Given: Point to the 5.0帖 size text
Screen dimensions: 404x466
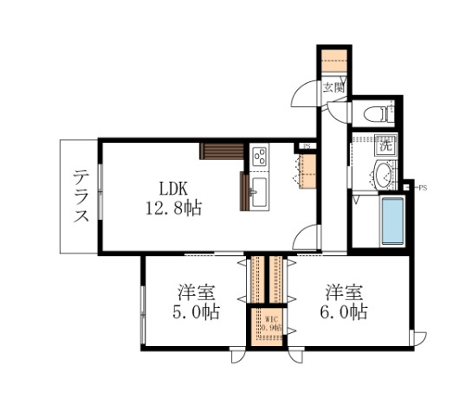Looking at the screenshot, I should point(198,312).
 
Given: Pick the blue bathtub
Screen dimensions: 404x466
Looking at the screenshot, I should point(392,221).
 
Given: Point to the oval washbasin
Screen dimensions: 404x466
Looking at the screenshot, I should point(381,175).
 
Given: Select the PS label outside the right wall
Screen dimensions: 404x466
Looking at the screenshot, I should point(423,188).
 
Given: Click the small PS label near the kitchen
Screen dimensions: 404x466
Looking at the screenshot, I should point(306,146).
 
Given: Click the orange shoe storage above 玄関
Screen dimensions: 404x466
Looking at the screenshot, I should point(333,61).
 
